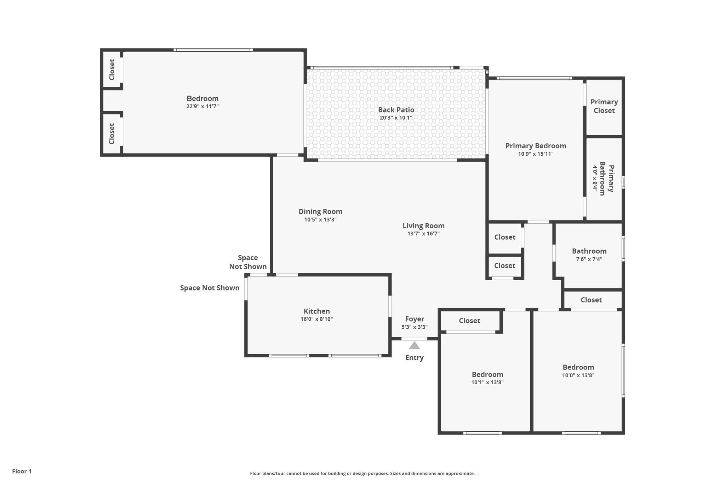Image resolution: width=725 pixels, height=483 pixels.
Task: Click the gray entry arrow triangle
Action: tap(414, 346)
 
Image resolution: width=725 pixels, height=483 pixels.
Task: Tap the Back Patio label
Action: tap(396, 110)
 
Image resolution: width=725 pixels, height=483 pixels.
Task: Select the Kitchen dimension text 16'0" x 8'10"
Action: tap(316, 319)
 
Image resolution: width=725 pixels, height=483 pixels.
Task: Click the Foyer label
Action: tap(415, 319)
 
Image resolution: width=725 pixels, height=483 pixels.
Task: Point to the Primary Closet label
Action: tap(604, 106)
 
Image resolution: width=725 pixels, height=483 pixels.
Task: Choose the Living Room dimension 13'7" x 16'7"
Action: tap(423, 234)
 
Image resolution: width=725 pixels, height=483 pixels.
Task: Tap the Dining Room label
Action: tap(320, 212)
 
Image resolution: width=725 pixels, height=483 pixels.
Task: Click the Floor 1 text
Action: tap(22, 471)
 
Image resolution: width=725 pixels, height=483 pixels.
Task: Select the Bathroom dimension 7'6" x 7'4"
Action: tap(589, 259)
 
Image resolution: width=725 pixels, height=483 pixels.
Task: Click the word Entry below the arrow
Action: tap(414, 358)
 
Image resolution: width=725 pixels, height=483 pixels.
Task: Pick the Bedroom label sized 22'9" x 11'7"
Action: tap(202, 99)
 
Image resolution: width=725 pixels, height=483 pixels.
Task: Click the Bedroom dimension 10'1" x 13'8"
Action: tap(487, 382)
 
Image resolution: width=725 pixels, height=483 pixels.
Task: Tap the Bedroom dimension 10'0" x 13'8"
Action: tap(578, 375)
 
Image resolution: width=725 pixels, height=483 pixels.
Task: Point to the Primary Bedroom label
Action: tap(536, 146)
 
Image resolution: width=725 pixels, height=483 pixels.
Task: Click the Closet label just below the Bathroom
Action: tap(591, 300)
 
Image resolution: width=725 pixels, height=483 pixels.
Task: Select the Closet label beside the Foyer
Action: tap(469, 321)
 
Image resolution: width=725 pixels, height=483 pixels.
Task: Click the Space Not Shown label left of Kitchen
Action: tap(210, 288)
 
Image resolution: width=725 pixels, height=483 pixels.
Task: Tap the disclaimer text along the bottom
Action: tap(362, 473)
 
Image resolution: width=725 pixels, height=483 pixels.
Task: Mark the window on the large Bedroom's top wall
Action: tap(213, 50)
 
